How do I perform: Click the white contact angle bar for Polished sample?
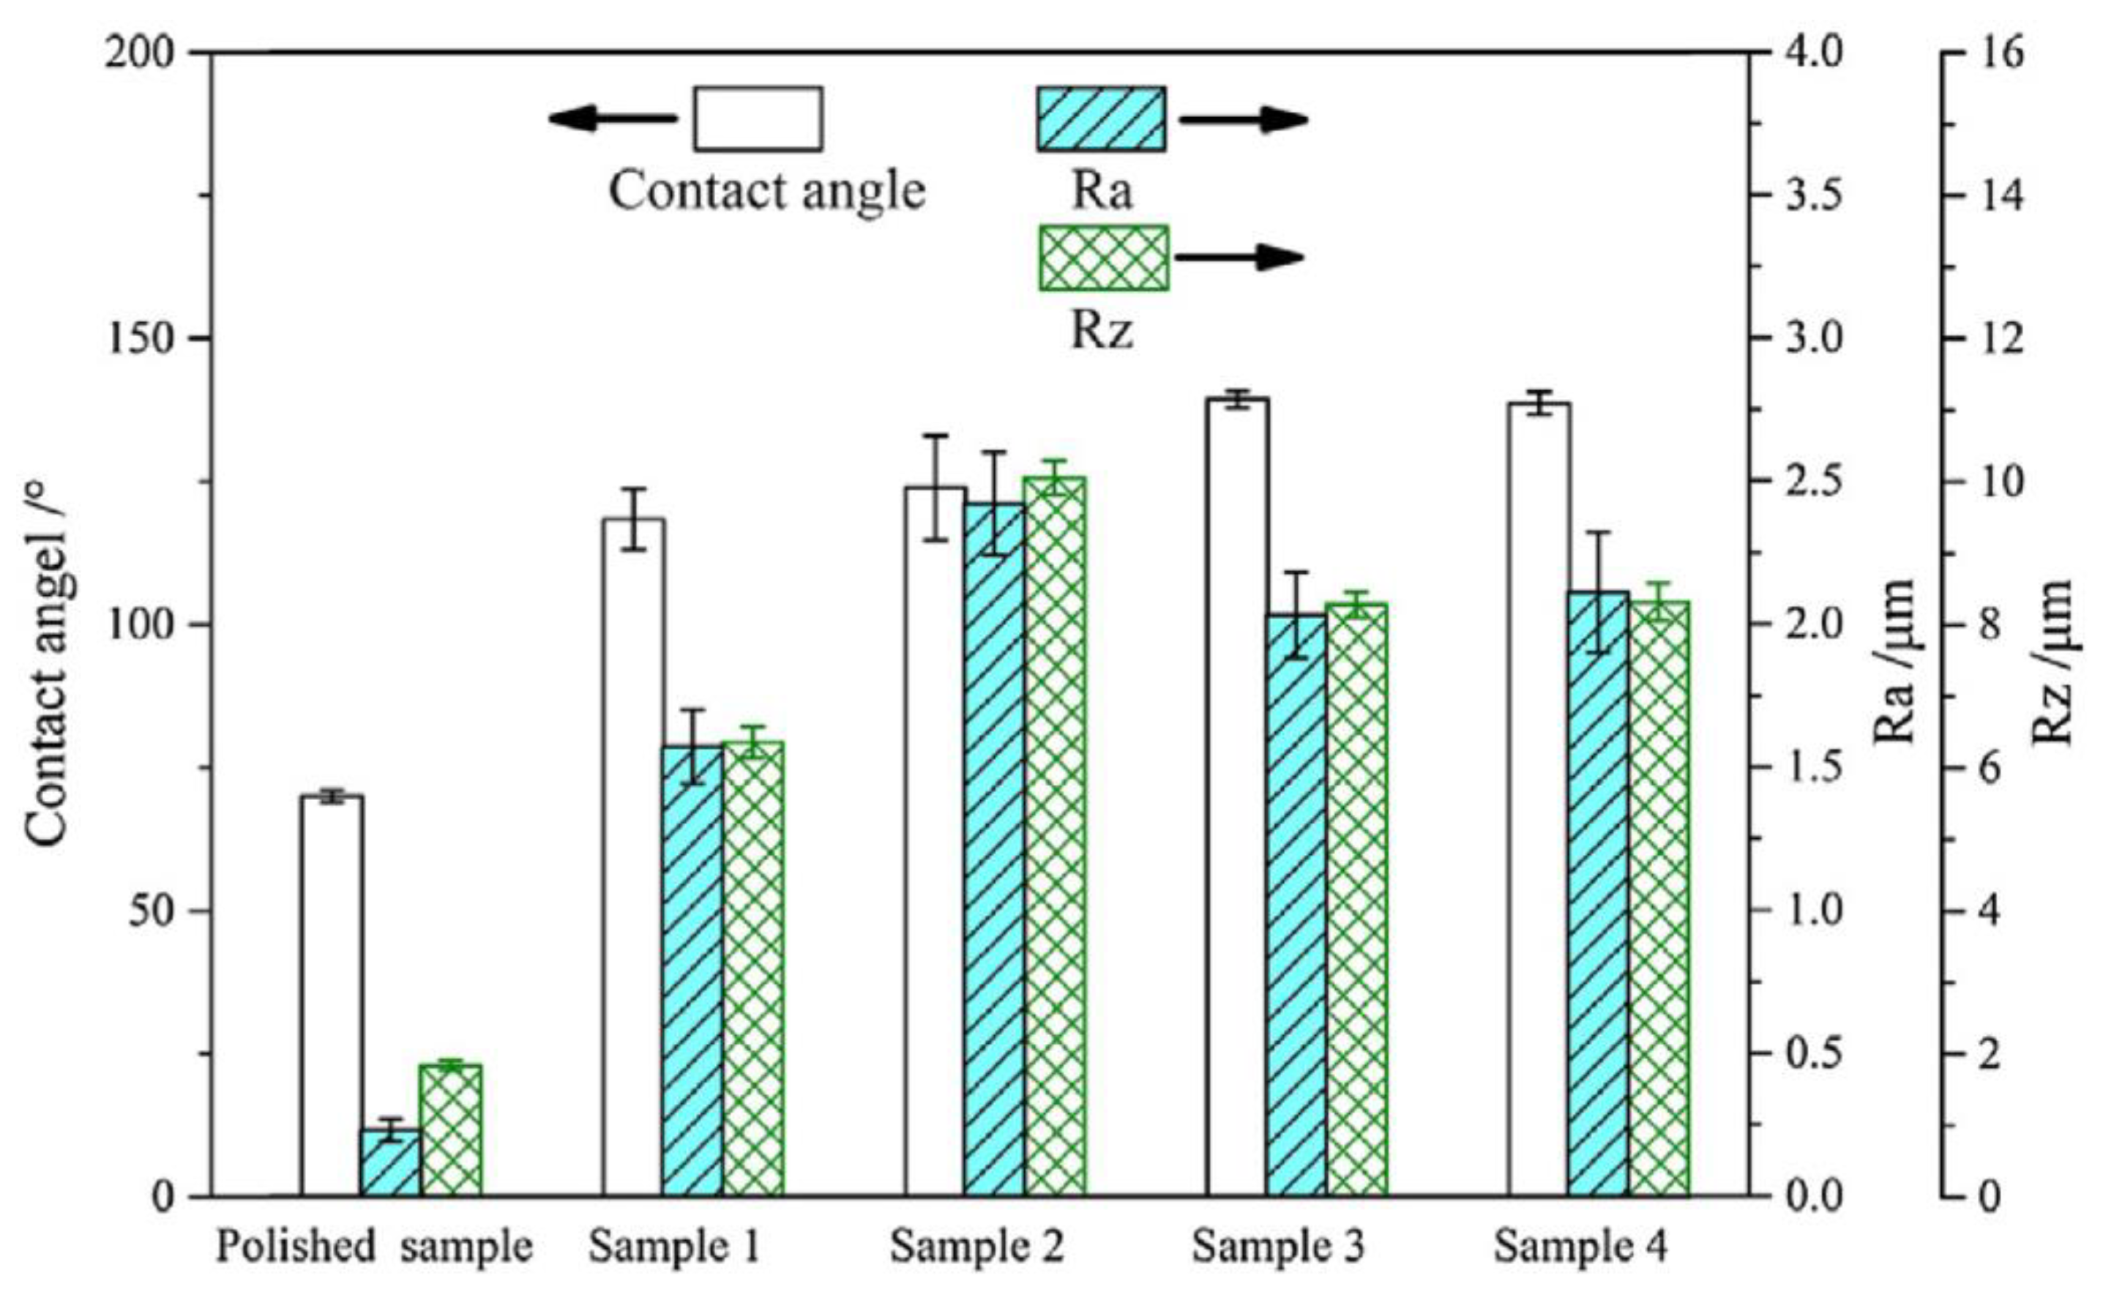pos(332,996)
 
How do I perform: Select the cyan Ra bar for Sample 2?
pos(995,850)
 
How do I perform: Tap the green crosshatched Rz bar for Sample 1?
pos(754,969)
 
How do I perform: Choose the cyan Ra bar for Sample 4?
pos(1598,894)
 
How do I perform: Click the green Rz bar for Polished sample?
pos(450,1129)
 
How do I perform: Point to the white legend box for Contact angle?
pos(758,119)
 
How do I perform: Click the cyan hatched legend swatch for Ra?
pos(1101,119)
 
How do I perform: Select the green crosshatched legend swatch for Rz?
pos(1103,257)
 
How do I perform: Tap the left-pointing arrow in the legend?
pos(612,118)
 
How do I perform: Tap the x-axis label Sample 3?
pos(1278,1247)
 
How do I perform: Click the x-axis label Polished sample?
pos(374,1247)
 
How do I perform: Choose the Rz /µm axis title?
pos(2052,662)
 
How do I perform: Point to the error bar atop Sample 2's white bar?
pos(935,487)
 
